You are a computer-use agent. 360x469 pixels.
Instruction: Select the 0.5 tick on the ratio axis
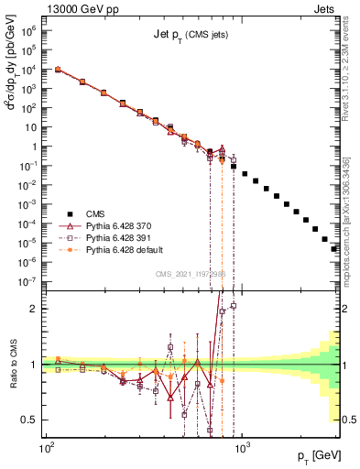tap(30, 420)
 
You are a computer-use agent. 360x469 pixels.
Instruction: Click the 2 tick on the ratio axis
tap(33, 309)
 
